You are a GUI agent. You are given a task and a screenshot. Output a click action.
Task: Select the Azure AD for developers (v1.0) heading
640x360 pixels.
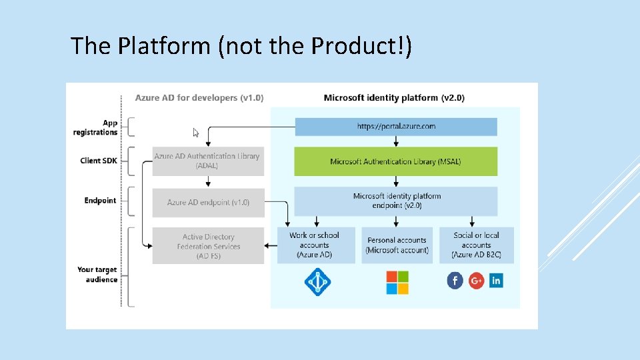pyautogui.click(x=199, y=98)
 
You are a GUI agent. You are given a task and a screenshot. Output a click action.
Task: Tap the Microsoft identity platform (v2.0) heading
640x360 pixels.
pyautogui.click(x=394, y=98)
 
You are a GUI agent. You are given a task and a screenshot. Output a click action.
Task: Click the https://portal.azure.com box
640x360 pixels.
pyautogui.click(x=396, y=127)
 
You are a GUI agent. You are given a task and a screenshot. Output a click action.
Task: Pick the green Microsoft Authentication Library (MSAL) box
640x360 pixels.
pyautogui.click(x=396, y=161)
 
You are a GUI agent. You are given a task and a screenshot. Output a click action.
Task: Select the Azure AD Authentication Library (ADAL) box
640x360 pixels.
pyautogui.click(x=207, y=161)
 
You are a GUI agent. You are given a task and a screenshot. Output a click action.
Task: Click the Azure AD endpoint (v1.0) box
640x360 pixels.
pyautogui.click(x=208, y=203)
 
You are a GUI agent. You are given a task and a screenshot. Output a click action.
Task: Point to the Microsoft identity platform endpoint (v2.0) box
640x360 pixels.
pyautogui.click(x=397, y=201)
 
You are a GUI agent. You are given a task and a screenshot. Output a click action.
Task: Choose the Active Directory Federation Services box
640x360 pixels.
pyautogui.click(x=208, y=246)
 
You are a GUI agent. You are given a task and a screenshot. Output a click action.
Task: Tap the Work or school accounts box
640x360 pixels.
pyautogui.click(x=314, y=245)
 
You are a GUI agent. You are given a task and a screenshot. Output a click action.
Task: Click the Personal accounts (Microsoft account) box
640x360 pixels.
pyautogui.click(x=397, y=245)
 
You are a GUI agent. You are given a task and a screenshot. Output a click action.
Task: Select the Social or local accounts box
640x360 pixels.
pyautogui.click(x=476, y=245)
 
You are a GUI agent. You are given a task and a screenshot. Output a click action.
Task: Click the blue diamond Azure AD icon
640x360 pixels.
pyautogui.click(x=317, y=282)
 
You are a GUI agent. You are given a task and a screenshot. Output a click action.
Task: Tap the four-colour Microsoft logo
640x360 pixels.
pyautogui.click(x=397, y=282)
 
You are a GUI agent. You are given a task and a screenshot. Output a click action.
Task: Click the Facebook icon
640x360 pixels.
pyautogui.click(x=455, y=281)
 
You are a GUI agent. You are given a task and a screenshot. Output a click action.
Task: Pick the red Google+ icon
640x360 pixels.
pyautogui.click(x=476, y=281)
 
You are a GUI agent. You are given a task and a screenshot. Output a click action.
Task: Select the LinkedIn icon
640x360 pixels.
pyautogui.click(x=496, y=281)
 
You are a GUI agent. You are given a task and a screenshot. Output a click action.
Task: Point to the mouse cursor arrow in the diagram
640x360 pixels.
pyautogui.click(x=196, y=133)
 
